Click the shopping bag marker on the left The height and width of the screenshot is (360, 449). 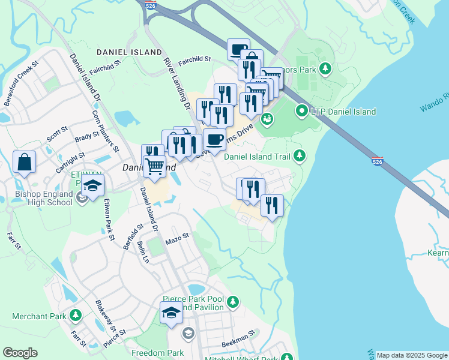pyautogui.click(x=24, y=162)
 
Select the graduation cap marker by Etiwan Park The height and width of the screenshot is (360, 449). pyautogui.click(x=93, y=185)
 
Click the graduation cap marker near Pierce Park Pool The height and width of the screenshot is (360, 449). pyautogui.click(x=171, y=313)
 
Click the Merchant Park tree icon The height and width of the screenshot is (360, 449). pyautogui.click(x=76, y=315)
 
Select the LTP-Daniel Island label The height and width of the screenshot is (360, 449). pyautogui.click(x=344, y=112)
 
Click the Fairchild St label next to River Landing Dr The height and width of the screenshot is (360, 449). pyautogui.click(x=194, y=59)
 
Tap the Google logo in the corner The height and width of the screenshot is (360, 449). pyautogui.click(x=20, y=353)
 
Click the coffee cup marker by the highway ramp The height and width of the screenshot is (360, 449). pyautogui.click(x=238, y=49)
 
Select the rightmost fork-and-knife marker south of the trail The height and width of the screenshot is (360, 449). pyautogui.click(x=272, y=206)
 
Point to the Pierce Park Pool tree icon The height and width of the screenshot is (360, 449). pyautogui.click(x=232, y=301)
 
